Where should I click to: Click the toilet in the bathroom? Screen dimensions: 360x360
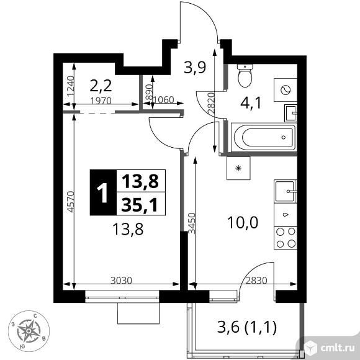(245, 76)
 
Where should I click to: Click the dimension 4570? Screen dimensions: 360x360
(70, 197)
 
